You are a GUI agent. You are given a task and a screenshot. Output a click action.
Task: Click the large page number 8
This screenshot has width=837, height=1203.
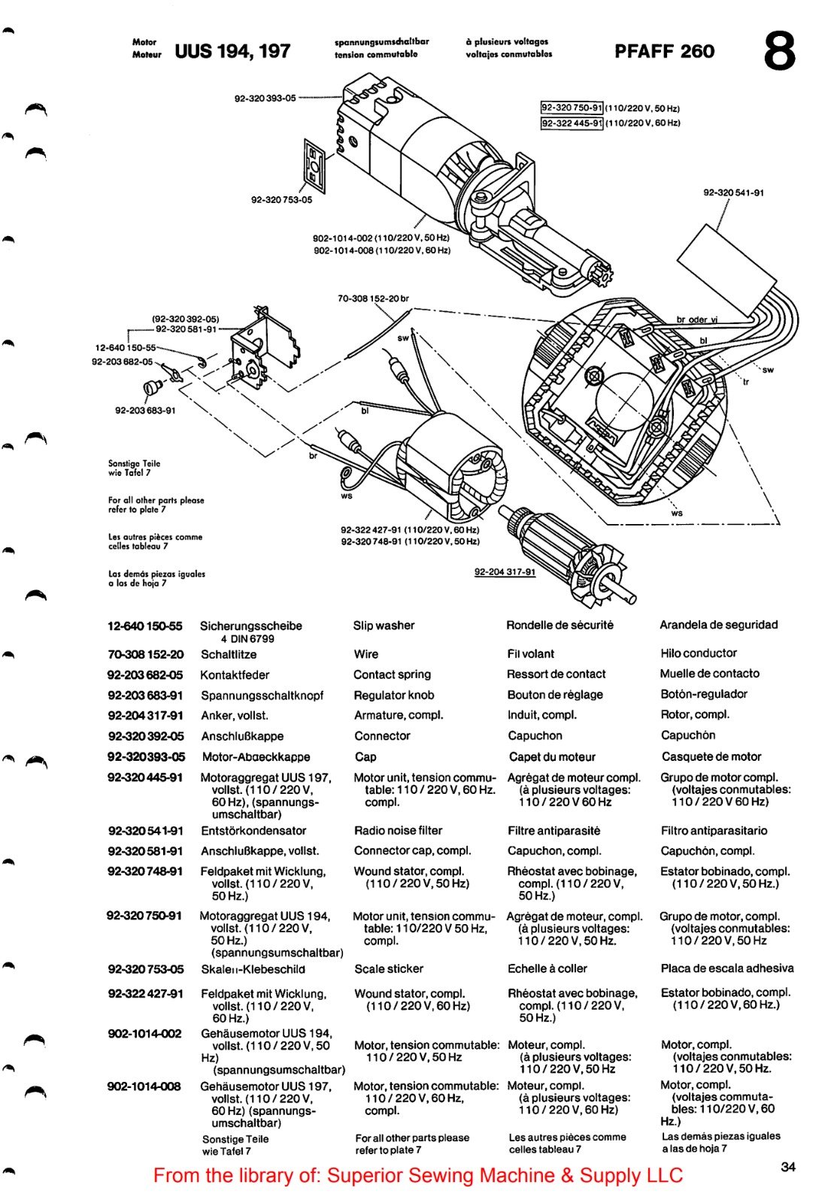coord(779,51)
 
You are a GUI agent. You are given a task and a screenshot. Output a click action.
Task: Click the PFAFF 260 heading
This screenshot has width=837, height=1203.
coord(664,51)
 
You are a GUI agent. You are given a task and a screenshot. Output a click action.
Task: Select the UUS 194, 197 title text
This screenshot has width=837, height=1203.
coord(232,51)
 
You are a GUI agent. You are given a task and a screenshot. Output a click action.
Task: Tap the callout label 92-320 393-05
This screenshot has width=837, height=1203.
coord(265,98)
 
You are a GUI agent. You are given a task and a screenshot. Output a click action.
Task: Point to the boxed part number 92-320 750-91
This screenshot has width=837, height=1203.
coord(572,108)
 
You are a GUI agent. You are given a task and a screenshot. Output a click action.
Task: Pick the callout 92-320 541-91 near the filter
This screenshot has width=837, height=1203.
coord(733,192)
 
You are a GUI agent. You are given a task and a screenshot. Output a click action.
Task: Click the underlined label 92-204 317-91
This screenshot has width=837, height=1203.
coord(505,572)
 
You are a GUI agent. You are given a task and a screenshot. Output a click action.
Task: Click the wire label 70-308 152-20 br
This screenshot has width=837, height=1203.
coord(373,298)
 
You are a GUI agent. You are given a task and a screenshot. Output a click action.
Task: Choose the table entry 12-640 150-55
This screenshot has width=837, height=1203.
coord(144,626)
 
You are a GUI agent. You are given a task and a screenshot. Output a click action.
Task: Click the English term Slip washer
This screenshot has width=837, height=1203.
coord(384,626)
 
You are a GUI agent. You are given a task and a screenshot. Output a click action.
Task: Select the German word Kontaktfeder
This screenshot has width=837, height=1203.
coord(234,675)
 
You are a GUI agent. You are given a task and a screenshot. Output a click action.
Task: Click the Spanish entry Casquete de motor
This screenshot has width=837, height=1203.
coord(711,757)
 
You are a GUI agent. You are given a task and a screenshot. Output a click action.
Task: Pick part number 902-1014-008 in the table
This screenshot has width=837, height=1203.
coord(144,1086)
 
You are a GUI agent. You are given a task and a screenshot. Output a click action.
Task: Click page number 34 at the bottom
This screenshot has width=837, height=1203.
coord(787,1167)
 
